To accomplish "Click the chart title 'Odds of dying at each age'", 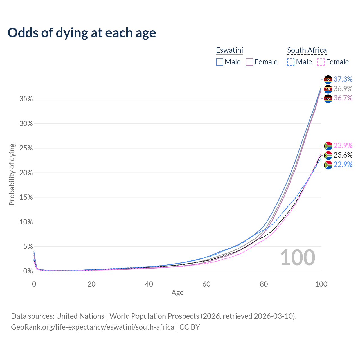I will pos(82,33).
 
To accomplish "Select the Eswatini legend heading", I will pos(229,50).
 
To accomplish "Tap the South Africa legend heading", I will pos(307,50).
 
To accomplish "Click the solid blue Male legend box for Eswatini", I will pos(220,62).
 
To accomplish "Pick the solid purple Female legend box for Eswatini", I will pos(250,62).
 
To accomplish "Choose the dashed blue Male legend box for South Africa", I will pos(291,62).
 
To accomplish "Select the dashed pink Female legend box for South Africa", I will pos(321,62).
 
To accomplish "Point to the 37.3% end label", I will pos(343,79).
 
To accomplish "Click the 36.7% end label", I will pos(343,98).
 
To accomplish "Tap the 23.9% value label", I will pos(343,145).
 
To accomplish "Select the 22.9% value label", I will pos(343,164).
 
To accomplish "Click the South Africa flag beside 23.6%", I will pos(328,155).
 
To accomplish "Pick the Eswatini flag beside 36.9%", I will pos(328,89).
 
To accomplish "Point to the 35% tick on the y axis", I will pos(26,99).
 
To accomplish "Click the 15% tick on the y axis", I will pos(26,197).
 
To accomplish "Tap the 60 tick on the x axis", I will pos(206,284).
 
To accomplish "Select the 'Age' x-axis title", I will pos(177,293).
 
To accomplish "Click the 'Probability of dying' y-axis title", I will pos(12,174).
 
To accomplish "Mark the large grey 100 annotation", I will pos(298,258).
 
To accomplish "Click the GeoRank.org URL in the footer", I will pos(93,327).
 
